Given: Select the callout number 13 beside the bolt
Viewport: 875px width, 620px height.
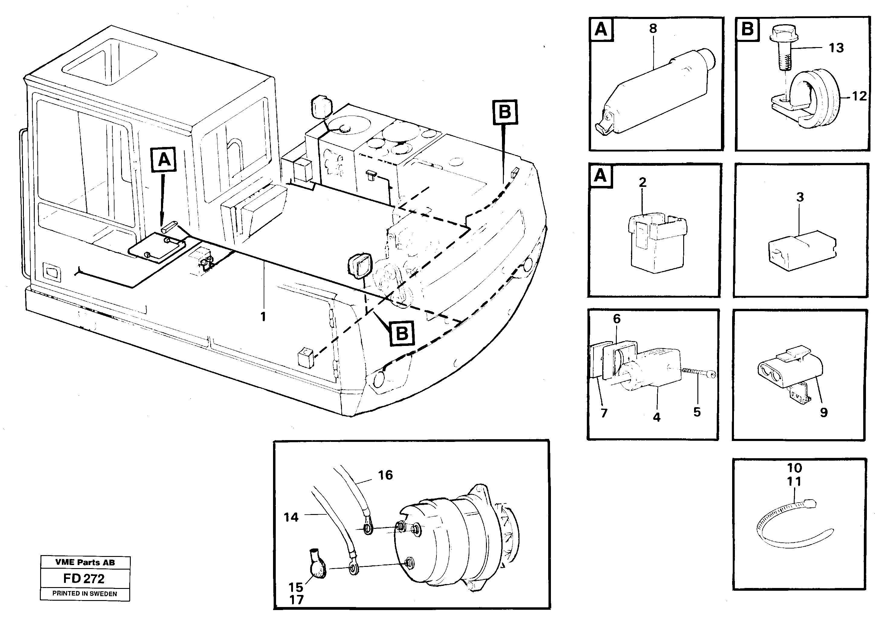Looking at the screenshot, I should click(836, 48).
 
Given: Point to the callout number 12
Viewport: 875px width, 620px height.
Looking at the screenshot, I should click(859, 96).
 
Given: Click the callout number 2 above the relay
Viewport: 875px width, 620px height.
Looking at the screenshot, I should click(642, 183).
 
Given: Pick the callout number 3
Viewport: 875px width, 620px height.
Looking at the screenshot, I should click(800, 197).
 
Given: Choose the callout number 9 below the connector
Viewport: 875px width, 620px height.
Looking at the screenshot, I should click(824, 412).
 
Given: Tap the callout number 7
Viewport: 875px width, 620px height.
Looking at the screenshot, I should click(604, 413).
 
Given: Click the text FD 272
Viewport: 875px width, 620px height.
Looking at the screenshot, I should click(84, 579).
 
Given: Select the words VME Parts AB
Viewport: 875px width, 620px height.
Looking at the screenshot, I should click(85, 562).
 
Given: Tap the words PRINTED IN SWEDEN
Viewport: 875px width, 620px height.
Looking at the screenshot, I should click(85, 594).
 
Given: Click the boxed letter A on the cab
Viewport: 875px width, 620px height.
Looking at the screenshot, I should click(164, 160).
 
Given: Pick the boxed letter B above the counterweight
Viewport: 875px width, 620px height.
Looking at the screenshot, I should click(505, 112).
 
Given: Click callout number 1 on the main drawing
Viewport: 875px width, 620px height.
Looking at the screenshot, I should click(263, 317).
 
